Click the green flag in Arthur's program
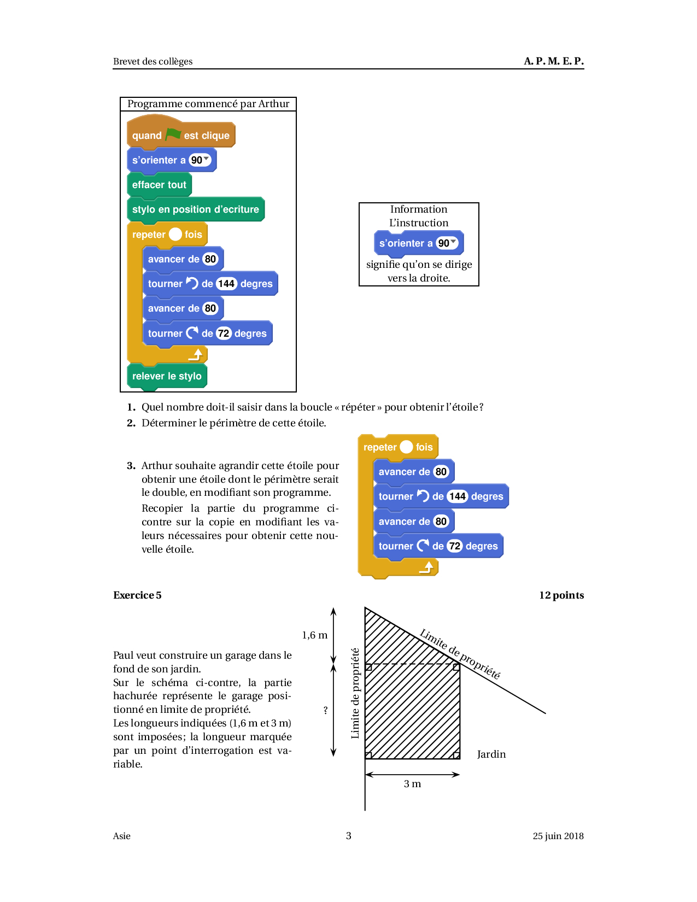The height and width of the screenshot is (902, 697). [173, 134]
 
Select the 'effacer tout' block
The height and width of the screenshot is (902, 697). [159, 185]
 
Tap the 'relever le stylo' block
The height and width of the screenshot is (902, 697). [167, 376]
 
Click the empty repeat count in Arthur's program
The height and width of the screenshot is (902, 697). [175, 234]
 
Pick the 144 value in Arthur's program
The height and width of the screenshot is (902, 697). [226, 284]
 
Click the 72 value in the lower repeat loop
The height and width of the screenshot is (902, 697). [455, 546]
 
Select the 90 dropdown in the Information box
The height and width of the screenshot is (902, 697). [447, 243]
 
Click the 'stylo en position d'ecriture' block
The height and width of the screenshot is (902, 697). [195, 209]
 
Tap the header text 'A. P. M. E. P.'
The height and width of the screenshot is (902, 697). [553, 61]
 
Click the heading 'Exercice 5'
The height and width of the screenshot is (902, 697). [137, 595]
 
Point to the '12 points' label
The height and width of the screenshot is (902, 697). [561, 595]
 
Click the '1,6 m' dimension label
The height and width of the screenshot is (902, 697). [315, 635]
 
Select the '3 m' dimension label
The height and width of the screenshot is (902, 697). [412, 784]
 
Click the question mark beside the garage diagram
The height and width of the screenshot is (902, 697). [326, 710]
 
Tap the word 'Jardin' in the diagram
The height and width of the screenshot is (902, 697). [491, 754]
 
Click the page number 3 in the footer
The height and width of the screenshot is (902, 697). [349, 836]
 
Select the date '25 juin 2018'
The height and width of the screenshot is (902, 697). [558, 836]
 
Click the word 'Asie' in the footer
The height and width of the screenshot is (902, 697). [122, 836]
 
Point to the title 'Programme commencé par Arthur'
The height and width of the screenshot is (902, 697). [208, 104]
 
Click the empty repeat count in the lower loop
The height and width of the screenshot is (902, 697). [406, 447]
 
